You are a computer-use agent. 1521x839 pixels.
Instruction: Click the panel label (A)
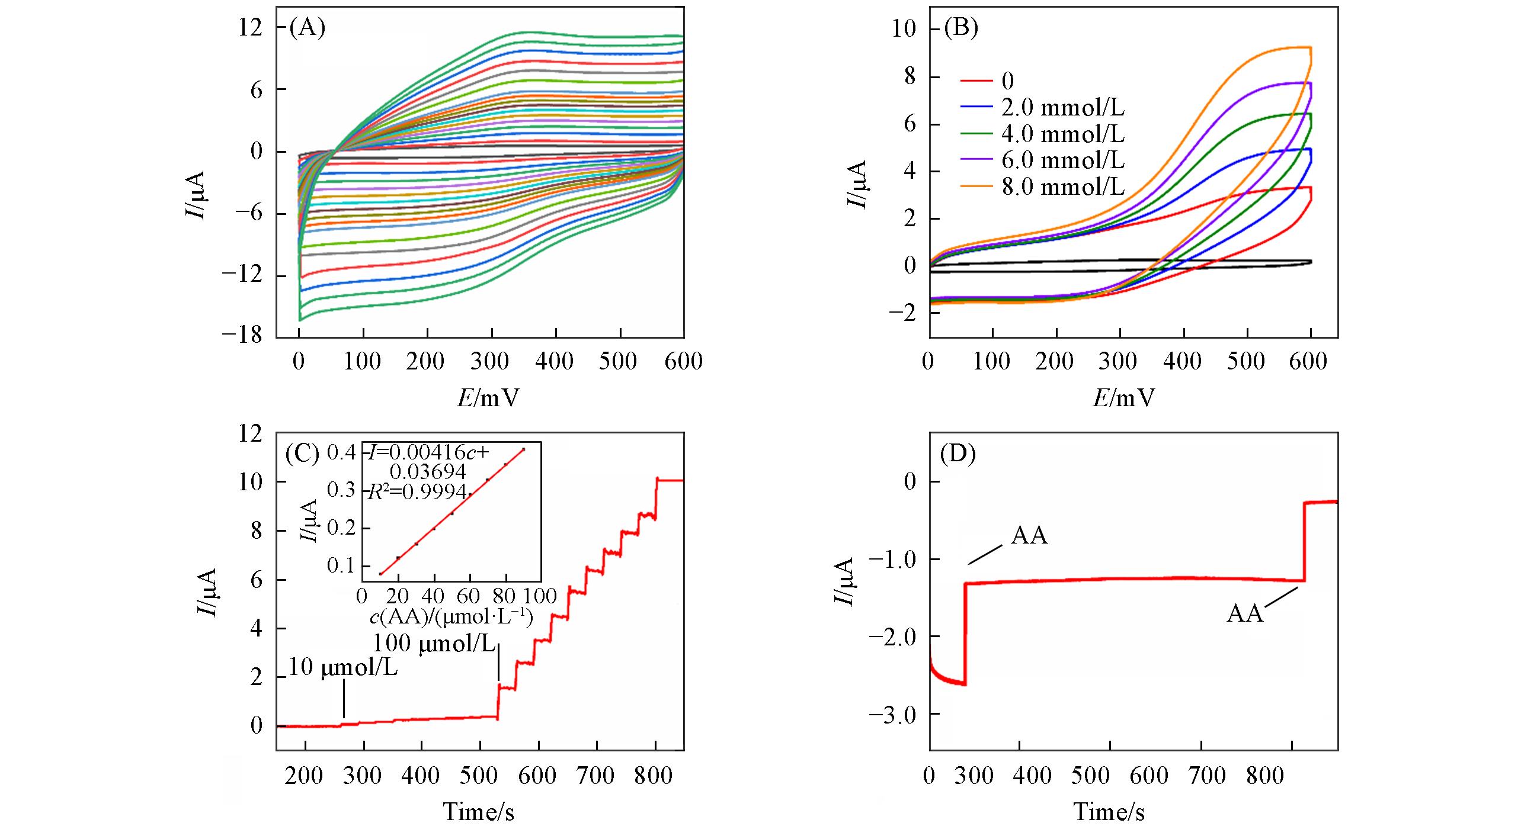click(307, 28)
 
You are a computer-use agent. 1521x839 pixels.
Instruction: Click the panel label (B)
click(960, 28)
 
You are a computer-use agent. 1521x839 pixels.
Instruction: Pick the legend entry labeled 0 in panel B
click(1007, 81)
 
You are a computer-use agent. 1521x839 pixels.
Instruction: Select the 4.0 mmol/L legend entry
click(1062, 134)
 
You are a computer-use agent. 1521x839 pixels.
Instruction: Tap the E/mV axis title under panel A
click(487, 398)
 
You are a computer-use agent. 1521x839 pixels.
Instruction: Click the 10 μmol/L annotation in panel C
click(343, 667)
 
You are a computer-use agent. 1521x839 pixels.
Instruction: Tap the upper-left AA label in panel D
click(1029, 536)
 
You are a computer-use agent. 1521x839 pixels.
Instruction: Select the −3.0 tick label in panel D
click(892, 715)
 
